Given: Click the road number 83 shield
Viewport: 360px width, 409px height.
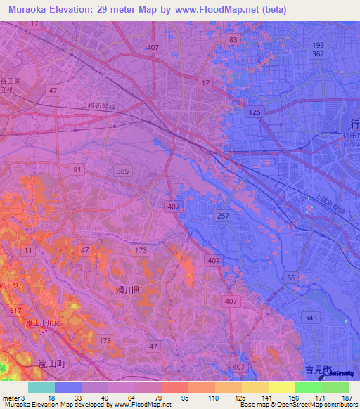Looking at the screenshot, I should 233,39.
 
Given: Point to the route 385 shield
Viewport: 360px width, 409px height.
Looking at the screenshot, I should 122,171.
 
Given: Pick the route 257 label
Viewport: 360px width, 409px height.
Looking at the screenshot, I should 223,216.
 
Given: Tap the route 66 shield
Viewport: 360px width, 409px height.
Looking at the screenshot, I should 289,278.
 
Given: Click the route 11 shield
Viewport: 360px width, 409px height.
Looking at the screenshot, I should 28,250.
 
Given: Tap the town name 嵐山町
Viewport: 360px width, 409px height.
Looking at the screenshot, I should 51,363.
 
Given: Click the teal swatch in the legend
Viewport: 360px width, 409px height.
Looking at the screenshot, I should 41,387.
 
